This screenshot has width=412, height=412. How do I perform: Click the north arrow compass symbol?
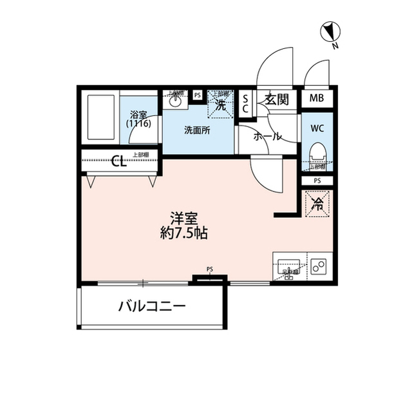coord(330,30)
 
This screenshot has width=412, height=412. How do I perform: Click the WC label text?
coord(317,127)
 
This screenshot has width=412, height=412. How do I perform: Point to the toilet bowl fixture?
coord(317,153)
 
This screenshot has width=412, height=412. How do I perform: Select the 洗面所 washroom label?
coord(196,130)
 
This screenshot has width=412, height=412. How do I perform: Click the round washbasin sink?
coord(175,101)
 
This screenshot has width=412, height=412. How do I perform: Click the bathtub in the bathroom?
coord(100,118)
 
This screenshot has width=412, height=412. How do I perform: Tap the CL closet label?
coord(119,161)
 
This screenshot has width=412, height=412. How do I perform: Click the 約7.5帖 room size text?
coord(183,234)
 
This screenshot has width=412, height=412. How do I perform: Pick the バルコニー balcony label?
coord(152,306)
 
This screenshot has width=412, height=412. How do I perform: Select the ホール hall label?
coord(266,137)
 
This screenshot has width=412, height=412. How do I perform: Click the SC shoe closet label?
coord(245,103)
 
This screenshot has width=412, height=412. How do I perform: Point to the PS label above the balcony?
coord(210,269)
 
